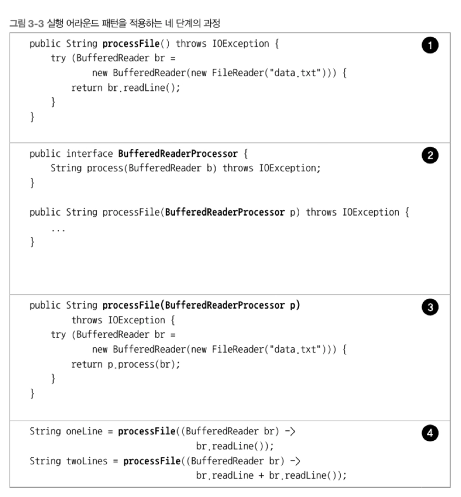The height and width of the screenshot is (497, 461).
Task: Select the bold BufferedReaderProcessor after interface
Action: tap(178, 153)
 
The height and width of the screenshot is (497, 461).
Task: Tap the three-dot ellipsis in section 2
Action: tap(58, 229)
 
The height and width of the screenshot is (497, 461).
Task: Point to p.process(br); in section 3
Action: tap(142, 364)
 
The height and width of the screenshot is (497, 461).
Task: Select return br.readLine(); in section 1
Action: tap(125, 88)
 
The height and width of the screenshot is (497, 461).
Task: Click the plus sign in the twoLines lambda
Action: tap(261, 476)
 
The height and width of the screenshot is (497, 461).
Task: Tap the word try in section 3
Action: tap(58, 335)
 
